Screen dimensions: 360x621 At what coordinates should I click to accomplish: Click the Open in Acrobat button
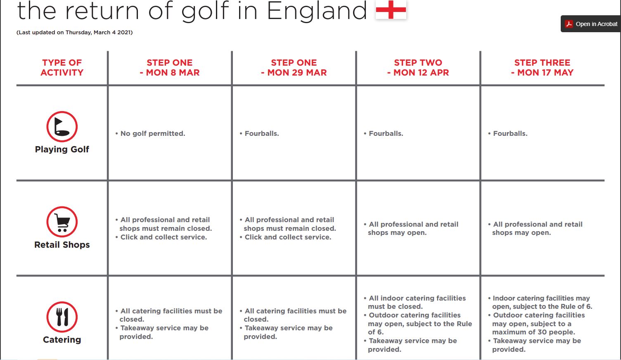(x=591, y=24)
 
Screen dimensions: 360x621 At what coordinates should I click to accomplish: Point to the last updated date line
(x=74, y=32)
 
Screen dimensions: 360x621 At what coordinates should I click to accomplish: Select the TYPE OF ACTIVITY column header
(x=62, y=68)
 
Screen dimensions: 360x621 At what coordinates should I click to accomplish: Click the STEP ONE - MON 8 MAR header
(x=170, y=68)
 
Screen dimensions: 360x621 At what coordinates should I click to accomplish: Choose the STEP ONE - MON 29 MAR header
(x=294, y=68)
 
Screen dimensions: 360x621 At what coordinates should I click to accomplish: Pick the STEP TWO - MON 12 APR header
(x=418, y=68)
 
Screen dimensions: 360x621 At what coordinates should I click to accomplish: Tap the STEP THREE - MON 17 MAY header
(x=542, y=68)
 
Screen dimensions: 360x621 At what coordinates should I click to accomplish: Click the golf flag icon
(x=62, y=126)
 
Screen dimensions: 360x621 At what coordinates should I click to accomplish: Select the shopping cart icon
(x=62, y=222)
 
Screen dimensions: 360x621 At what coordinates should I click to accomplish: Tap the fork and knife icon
(x=62, y=317)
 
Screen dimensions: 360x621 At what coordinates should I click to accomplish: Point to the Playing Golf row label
(x=62, y=149)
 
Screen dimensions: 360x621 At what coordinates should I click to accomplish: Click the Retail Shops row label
(x=62, y=245)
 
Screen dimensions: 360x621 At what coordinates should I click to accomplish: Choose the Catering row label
(x=62, y=340)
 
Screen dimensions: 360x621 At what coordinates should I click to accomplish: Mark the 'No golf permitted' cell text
(x=152, y=133)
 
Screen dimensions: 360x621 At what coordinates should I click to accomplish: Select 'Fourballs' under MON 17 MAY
(x=510, y=133)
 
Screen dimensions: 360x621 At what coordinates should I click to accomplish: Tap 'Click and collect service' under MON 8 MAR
(x=164, y=237)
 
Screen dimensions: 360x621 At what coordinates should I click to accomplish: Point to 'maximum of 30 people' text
(x=533, y=332)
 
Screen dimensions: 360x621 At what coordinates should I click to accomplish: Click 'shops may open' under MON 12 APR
(x=397, y=233)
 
